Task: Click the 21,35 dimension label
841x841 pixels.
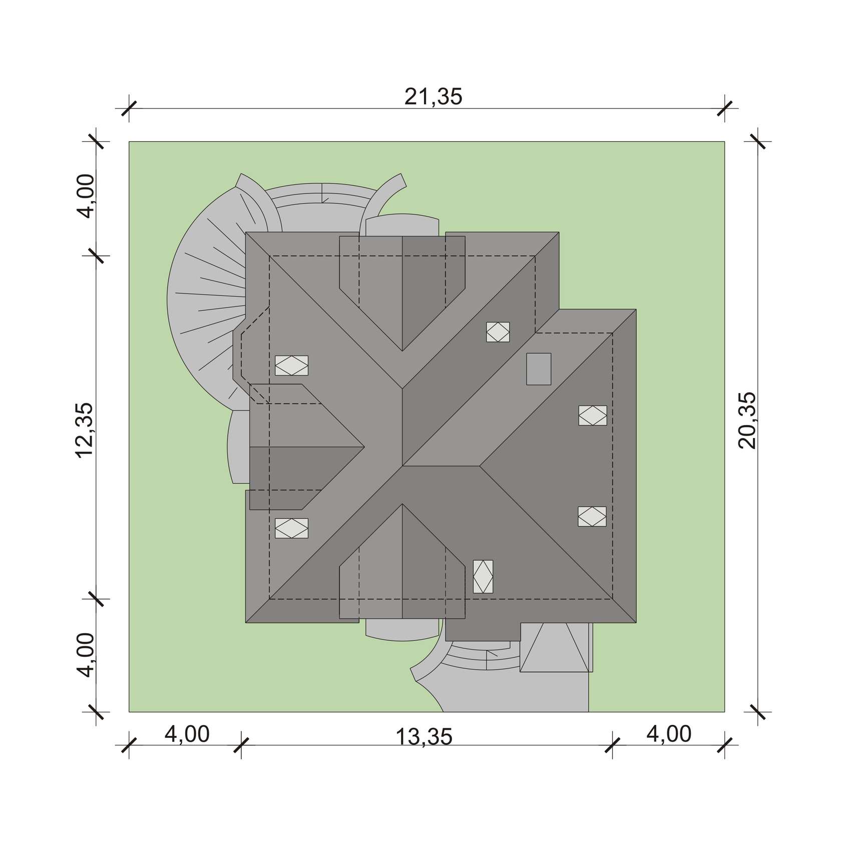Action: click(434, 97)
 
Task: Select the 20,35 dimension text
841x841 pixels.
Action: click(747, 420)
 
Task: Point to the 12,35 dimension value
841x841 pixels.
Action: click(85, 430)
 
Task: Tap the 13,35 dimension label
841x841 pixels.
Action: click(424, 736)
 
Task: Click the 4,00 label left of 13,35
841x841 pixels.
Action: click(187, 734)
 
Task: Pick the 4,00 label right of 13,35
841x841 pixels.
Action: click(669, 734)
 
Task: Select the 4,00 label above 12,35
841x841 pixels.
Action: click(86, 196)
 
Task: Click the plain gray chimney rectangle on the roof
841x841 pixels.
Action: click(539, 369)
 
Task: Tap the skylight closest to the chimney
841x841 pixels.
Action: click(498, 332)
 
